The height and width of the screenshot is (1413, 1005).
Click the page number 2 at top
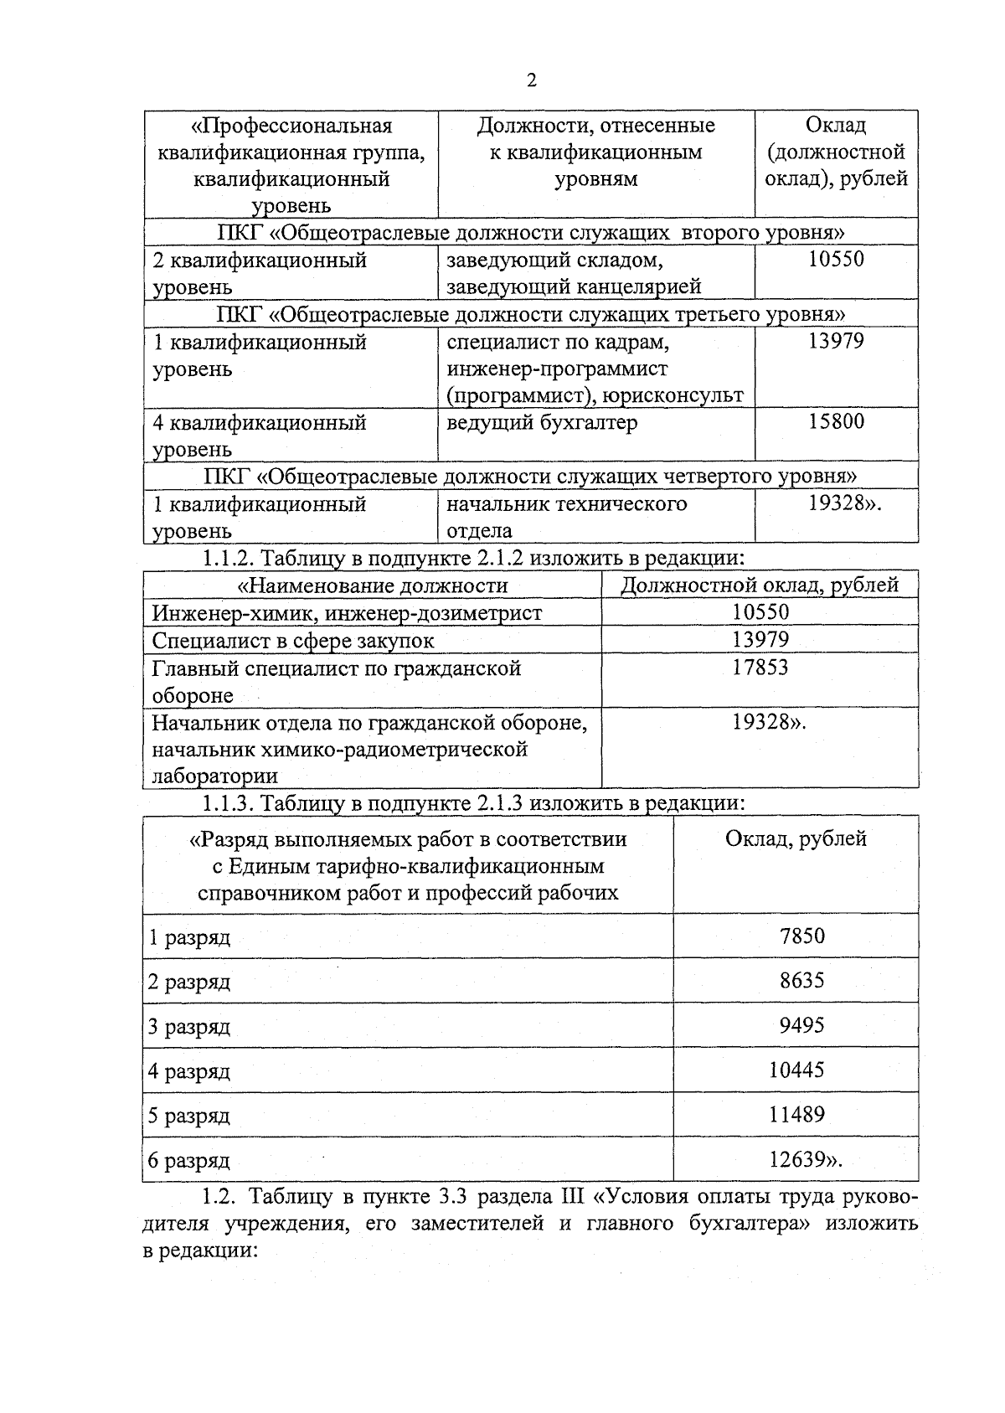531,80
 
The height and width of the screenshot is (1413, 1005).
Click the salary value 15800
836,421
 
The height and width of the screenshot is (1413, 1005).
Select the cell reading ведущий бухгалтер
541,423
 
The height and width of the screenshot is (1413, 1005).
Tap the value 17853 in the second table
760,668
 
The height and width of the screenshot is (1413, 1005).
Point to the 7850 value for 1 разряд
801,936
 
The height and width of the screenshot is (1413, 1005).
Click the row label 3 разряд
189,1027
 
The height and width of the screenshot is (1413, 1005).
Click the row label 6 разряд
189,1161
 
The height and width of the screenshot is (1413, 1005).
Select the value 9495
801,1025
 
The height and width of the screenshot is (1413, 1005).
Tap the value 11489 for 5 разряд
796,1115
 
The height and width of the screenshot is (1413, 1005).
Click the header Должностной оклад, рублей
759,585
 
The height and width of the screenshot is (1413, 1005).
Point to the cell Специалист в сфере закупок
292,641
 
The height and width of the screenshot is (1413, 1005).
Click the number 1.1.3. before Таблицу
228,803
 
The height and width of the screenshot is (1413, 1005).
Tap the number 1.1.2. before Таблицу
228,558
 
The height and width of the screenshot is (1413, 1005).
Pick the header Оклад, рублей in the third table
796,838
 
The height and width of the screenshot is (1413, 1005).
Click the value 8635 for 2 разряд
801,980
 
